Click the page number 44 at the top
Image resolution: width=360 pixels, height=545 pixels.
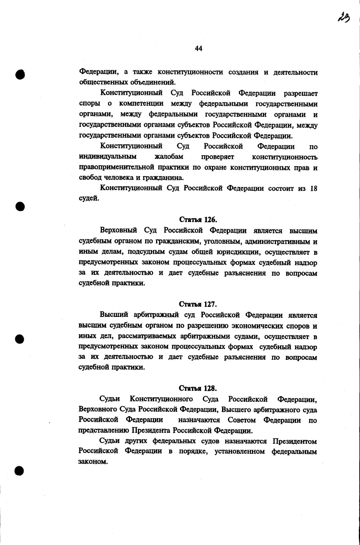pyautogui.click(x=199, y=48)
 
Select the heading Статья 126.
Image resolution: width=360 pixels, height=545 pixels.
pyautogui.click(x=198, y=220)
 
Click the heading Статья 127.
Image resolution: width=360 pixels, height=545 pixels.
pyautogui.click(x=198, y=304)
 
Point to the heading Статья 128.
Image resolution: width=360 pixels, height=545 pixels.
pyautogui.click(x=198, y=388)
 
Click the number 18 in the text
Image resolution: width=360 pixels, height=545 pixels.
pyautogui.click(x=314, y=188)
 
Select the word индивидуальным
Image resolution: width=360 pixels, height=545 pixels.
pyautogui.click(x=108, y=157)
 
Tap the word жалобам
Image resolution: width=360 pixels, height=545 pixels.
pyautogui.click(x=169, y=157)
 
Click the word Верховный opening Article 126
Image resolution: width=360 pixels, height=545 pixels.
pyautogui.click(x=118, y=230)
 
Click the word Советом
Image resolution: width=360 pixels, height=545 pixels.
pyautogui.click(x=242, y=420)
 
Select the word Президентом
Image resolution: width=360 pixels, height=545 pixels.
pyautogui.click(x=295, y=441)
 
